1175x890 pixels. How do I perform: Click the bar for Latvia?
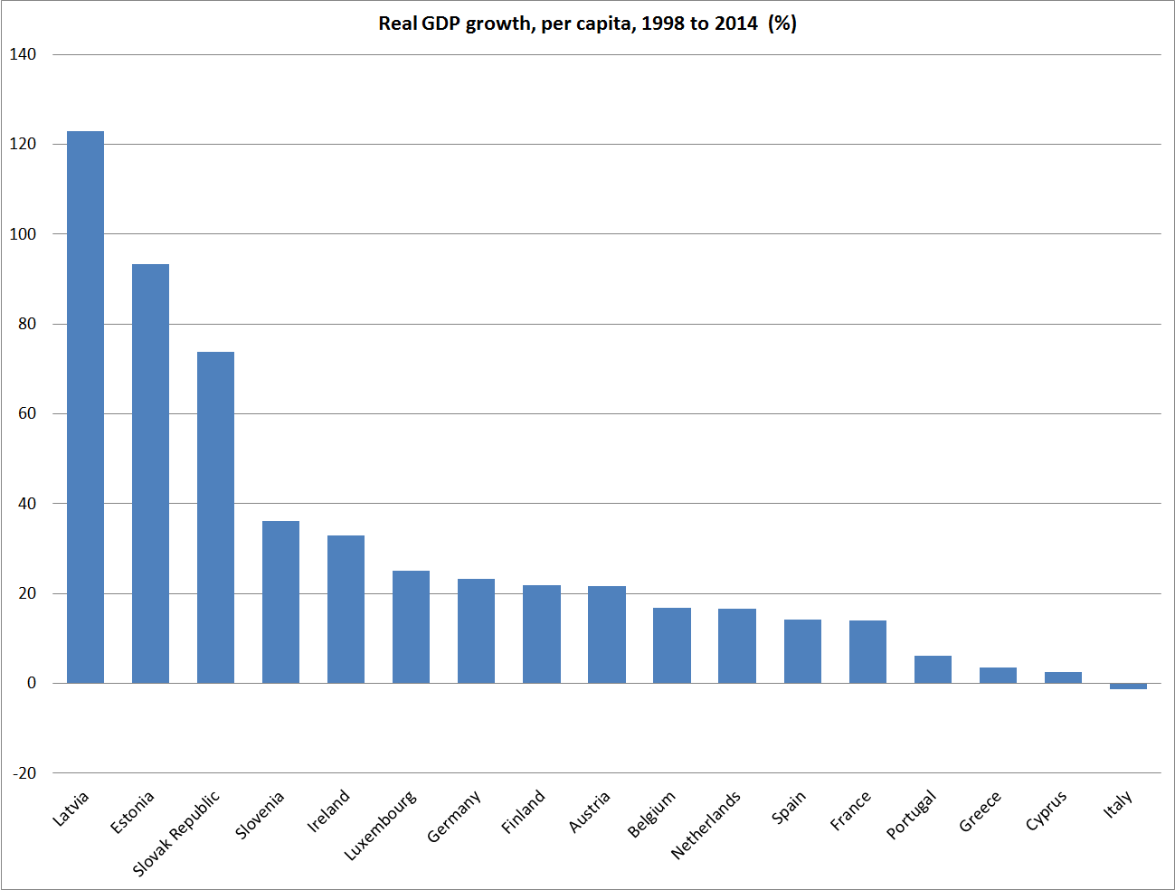85,407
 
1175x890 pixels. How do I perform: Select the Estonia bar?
150,473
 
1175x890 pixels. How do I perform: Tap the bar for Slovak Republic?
215,517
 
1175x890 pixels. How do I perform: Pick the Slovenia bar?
280,601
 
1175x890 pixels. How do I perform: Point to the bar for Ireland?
346,609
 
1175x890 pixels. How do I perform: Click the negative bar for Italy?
1128,686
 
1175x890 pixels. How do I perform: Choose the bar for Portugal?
933,669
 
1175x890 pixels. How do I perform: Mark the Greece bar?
998,676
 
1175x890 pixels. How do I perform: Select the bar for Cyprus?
1063,677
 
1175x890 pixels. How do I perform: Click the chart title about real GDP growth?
587,24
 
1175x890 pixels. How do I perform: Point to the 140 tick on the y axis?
23,54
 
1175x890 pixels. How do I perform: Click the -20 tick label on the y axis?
24,773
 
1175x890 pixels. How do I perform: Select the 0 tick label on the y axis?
32,683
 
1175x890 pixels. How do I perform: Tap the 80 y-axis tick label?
26,324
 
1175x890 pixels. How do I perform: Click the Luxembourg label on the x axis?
381,825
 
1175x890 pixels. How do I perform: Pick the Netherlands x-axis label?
706,824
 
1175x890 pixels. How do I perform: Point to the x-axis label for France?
850,810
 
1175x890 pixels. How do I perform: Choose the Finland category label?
524,811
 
